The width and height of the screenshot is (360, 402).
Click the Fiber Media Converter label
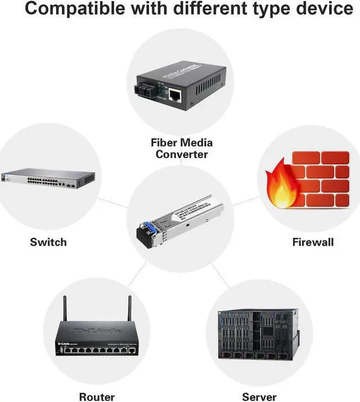coord(182,148)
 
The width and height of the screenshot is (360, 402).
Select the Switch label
coord(48,242)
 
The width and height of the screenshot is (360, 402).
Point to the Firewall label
coord(313,242)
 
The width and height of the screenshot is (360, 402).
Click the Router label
coord(97,397)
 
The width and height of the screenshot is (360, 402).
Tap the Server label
coord(259,397)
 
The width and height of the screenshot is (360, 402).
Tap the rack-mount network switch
coord(48,178)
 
